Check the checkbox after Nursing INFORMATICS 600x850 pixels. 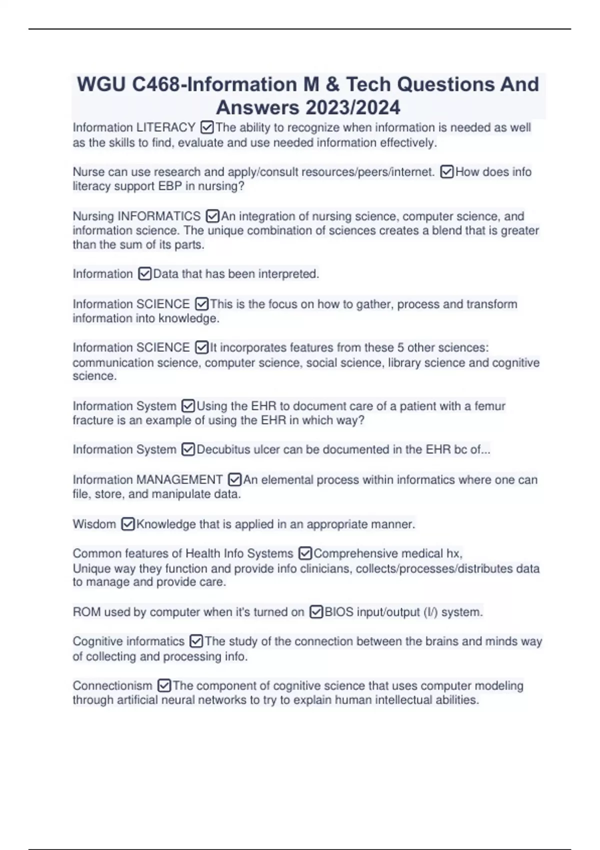click(x=212, y=216)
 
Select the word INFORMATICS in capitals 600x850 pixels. click(x=158, y=216)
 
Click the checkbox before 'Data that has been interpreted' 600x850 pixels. click(x=144, y=274)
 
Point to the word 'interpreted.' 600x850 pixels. click(x=294, y=274)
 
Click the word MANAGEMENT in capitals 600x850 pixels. click(x=179, y=480)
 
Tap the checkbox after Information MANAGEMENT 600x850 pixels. click(x=234, y=480)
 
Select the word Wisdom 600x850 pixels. click(x=94, y=524)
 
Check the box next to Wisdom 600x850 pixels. click(x=128, y=524)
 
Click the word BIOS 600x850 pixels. click(x=338, y=612)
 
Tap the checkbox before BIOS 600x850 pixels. click(x=316, y=612)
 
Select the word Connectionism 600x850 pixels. click(x=112, y=685)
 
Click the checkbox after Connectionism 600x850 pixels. click(x=164, y=685)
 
